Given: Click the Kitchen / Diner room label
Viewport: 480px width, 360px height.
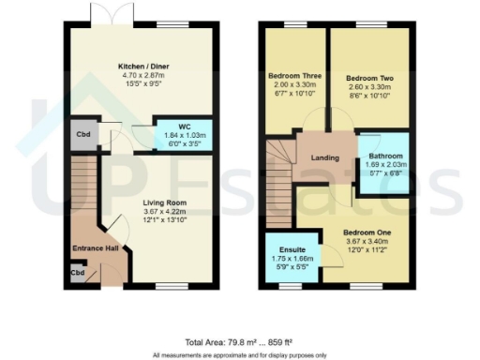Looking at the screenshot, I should [x=143, y=67].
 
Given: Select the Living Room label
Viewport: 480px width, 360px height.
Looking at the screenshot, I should [x=165, y=202].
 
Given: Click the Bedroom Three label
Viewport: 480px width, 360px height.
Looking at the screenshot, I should [x=292, y=75].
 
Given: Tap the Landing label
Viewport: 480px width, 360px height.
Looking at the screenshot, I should [x=325, y=158].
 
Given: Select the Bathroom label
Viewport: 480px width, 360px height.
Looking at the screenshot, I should [x=384, y=156].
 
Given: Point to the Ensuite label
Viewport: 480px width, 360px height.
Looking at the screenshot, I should [x=282, y=247].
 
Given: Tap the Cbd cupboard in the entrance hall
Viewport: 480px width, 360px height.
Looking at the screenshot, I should [x=75, y=274].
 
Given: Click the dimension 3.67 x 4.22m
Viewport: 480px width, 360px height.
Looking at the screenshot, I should [x=165, y=212].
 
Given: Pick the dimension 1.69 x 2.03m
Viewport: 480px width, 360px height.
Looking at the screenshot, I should [x=384, y=165].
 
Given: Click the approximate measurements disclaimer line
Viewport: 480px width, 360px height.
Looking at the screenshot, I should [x=240, y=355].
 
